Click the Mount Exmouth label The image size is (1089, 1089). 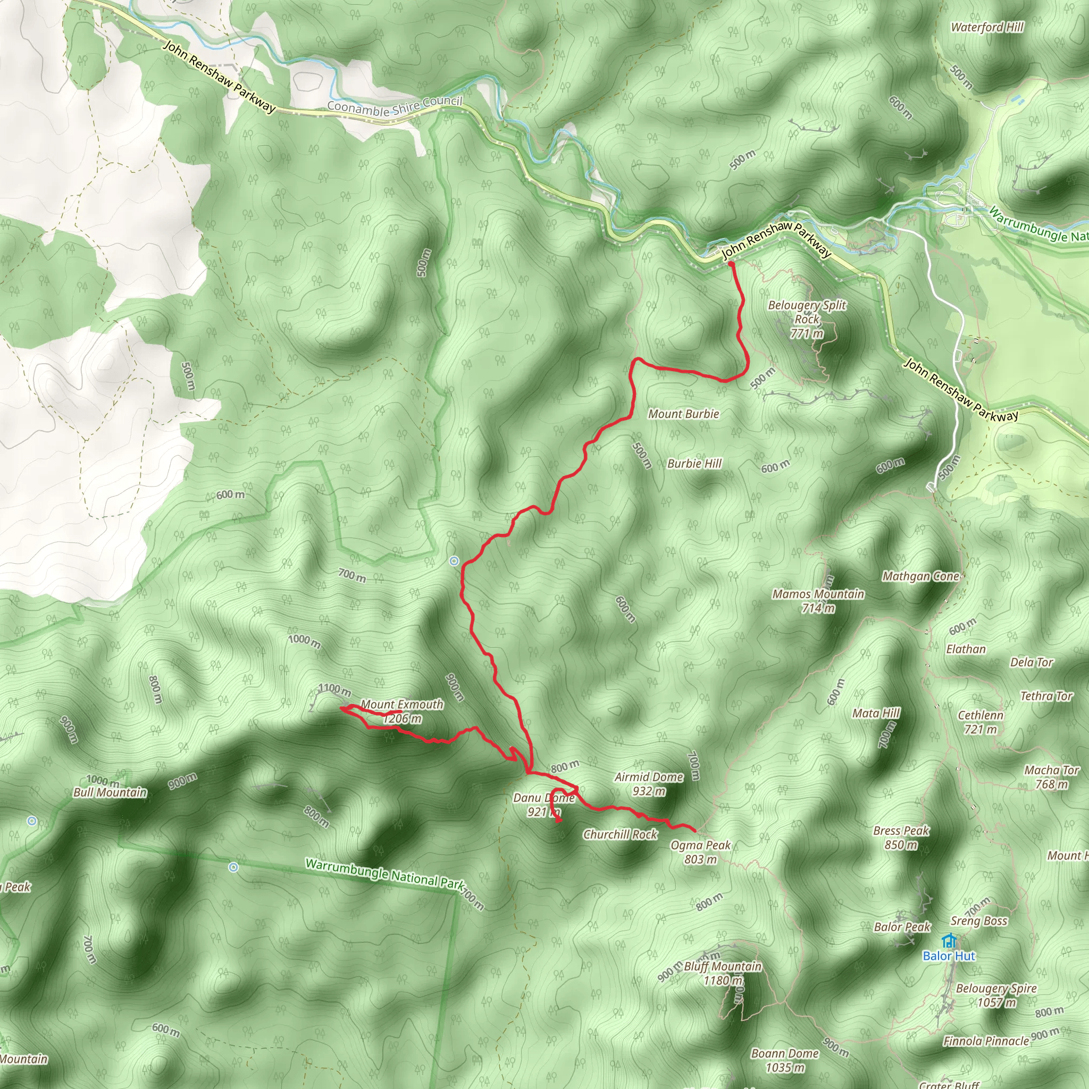[402, 705]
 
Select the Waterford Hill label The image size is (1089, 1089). [987, 27]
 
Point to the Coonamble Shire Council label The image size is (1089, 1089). [395, 105]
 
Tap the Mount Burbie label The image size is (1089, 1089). [684, 414]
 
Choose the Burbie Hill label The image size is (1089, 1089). [694, 463]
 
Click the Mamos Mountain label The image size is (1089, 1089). [818, 594]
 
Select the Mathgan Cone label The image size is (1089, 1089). [920, 576]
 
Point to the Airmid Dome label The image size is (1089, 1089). [649, 777]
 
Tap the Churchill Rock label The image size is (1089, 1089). [620, 834]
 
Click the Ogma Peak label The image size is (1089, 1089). [701, 845]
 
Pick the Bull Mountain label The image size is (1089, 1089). [110, 792]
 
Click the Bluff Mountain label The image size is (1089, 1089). [723, 967]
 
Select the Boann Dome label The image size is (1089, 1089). [785, 1053]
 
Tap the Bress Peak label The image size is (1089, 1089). [901, 831]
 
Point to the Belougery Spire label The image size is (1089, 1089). [996, 989]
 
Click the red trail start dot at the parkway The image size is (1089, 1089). [731, 263]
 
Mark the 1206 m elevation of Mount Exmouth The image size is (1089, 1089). [402, 719]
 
